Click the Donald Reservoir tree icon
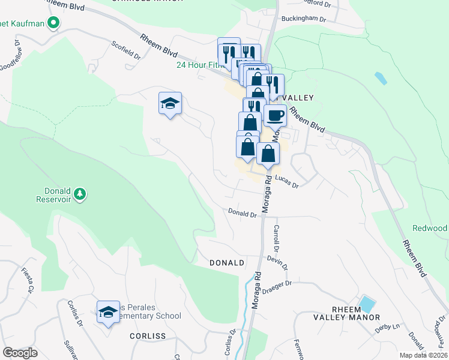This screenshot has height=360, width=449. (79, 194)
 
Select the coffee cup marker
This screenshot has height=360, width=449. (276, 115)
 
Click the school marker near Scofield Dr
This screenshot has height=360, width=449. (170, 104)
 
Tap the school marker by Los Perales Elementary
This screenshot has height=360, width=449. (108, 312)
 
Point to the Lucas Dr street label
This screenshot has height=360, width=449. (287, 182)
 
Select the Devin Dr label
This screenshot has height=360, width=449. (278, 262)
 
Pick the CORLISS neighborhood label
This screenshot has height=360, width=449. (147, 336)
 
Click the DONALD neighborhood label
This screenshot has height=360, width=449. (226, 263)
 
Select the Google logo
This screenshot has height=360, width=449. (20, 353)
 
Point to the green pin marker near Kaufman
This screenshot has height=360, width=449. (53, 23)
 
